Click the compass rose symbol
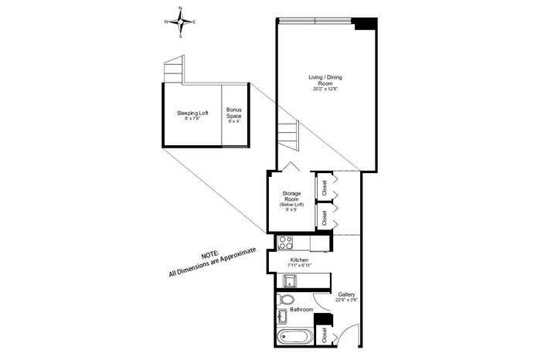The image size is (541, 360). tap(180, 22)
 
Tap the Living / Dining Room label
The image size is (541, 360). tap(325, 80)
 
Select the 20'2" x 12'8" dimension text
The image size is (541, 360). tap(325, 89)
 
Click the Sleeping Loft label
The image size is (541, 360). tap(192, 113)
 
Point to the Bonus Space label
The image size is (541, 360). tap(234, 113)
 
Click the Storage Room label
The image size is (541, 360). tap(291, 196)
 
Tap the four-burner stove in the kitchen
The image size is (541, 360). tap(285, 243)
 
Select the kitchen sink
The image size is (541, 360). tap(290, 280)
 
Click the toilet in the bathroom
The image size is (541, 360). tap(285, 299)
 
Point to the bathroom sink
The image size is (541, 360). tap(282, 316)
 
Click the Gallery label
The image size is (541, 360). tap(346, 294)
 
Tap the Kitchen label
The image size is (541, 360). tap(299, 260)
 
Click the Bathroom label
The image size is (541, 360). tap(301, 310)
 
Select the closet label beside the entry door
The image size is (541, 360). tap(324, 335)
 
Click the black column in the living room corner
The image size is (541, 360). tap(366, 23)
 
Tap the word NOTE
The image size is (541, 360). tap(209, 256)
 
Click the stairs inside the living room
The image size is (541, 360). tap(287, 135)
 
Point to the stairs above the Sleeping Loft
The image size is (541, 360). tap(174, 70)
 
